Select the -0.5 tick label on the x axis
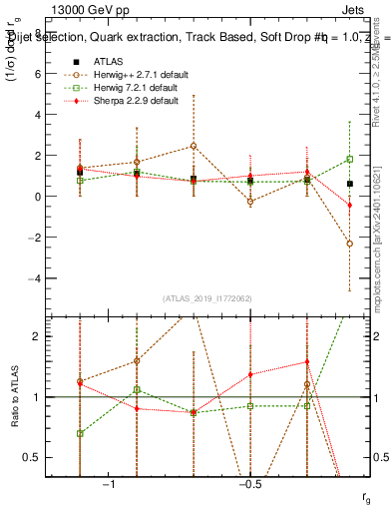coord(248,484)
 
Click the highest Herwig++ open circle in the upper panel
coord(193,146)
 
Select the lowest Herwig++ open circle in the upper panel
coord(349,244)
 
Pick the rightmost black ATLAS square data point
coord(349,184)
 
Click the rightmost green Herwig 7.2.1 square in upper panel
coord(349,159)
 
